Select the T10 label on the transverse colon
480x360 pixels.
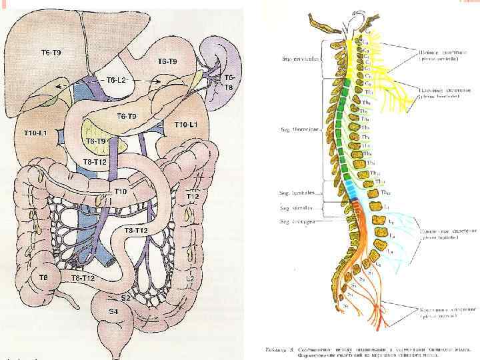(x=120, y=192)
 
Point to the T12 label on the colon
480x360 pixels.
(x=193, y=197)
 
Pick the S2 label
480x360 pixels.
(x=125, y=297)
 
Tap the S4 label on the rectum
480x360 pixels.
(x=113, y=312)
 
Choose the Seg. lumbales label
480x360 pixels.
(x=299, y=193)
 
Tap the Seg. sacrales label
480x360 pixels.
(x=298, y=207)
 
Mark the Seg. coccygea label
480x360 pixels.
(x=298, y=221)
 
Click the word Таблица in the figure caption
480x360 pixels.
(x=271, y=348)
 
